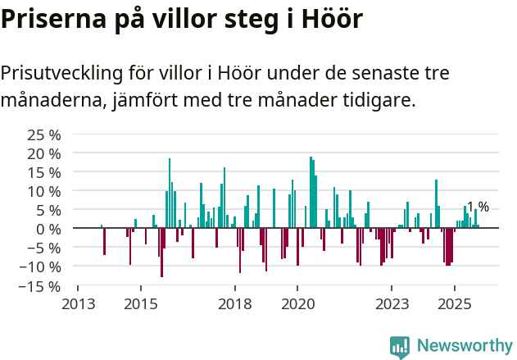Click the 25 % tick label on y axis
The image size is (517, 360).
44,134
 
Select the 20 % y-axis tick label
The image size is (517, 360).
44,153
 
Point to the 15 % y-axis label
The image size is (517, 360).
44,172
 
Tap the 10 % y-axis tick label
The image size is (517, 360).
44,191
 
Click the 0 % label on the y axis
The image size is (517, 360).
48,229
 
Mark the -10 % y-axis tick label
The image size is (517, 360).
41,267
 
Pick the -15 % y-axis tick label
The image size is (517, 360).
41,286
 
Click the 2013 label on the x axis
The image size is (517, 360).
78,304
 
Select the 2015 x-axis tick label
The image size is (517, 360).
141,304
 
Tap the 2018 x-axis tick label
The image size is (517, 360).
235,304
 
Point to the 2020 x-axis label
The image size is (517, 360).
298,304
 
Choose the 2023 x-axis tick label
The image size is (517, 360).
392,304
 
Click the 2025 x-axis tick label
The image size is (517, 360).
456,304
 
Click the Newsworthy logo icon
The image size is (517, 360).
400,347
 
